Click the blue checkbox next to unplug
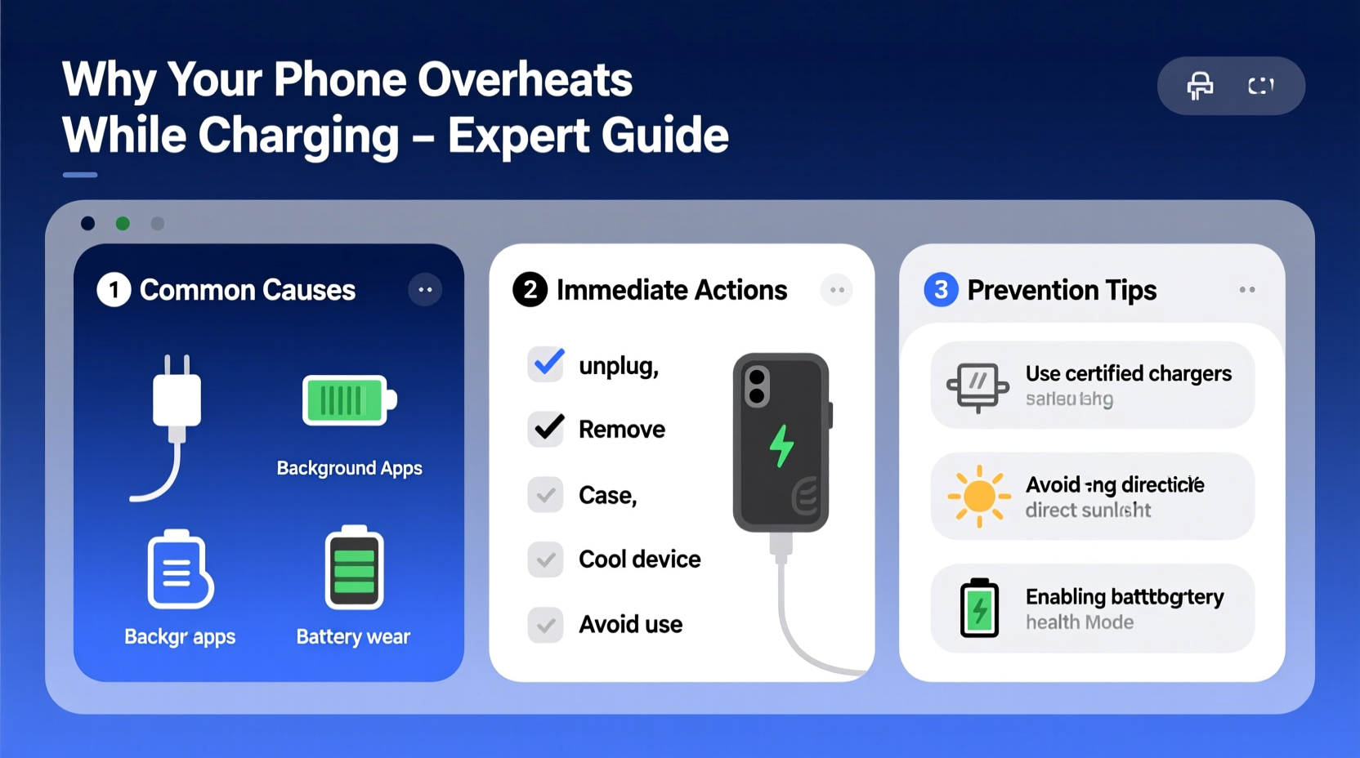[x=546, y=364]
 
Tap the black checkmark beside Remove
[x=546, y=429]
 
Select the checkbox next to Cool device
[x=545, y=560]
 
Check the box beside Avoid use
[x=545, y=625]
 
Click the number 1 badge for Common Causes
[x=114, y=290]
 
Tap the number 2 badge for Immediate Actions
[x=530, y=290]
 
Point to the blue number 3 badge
[x=941, y=290]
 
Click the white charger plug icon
[x=176, y=400]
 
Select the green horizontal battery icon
[x=348, y=400]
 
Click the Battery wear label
[x=353, y=637]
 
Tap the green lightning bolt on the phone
[x=781, y=446]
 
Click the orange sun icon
[x=978, y=496]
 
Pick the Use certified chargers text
[x=1128, y=373]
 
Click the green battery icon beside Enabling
[x=979, y=608]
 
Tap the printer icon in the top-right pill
[x=1200, y=86]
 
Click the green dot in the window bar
[x=123, y=224]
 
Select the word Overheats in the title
[x=525, y=80]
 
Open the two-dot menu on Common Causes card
[x=425, y=290]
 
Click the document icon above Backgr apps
[x=180, y=570]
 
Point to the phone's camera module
[x=757, y=386]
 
